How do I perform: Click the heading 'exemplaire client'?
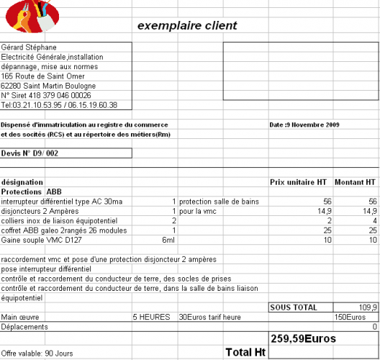pos(187,27)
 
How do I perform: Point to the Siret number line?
pos(46,94)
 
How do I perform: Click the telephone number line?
pos(59,104)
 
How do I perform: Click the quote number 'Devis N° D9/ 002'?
pos(30,153)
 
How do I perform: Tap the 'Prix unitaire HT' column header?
pos(298,182)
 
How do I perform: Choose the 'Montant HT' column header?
pos(355,182)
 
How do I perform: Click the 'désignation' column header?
pos(23,182)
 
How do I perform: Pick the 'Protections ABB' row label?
pos(32,192)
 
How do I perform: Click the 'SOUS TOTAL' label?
pos(293,307)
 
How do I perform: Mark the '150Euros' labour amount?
pos(350,317)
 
